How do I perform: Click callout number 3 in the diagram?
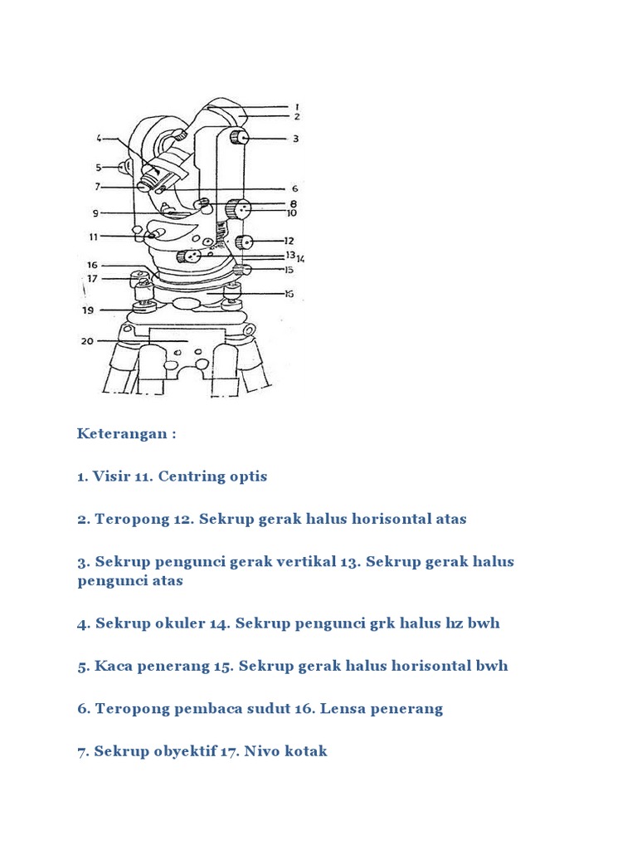[x=295, y=139]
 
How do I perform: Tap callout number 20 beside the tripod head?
[x=87, y=340]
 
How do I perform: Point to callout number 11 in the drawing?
[x=94, y=237]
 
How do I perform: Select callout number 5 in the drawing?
[x=98, y=166]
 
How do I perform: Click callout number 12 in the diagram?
[x=289, y=241]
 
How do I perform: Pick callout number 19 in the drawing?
[x=87, y=310]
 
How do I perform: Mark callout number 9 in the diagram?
[x=95, y=213]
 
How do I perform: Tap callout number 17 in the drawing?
[x=92, y=279]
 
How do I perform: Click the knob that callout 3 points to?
[x=240, y=138]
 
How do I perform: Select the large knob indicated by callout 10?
[x=241, y=210]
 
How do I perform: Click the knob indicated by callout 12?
[x=244, y=242]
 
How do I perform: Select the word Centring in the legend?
[x=192, y=476]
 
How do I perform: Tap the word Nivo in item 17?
[x=261, y=751]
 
